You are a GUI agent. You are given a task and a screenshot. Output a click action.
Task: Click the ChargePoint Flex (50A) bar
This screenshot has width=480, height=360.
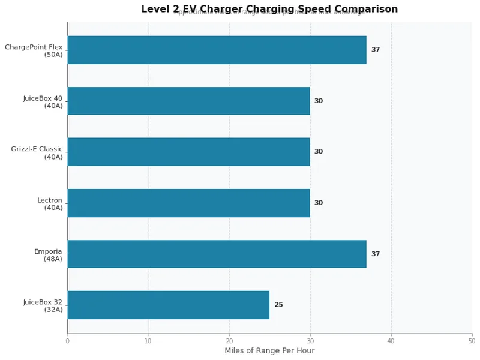click(217, 50)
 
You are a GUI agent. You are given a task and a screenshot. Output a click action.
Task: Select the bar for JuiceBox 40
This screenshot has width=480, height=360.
click(188, 101)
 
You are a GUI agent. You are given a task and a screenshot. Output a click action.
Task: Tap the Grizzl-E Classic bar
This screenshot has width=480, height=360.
click(188, 152)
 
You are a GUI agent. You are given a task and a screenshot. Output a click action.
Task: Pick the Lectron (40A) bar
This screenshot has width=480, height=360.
click(188, 203)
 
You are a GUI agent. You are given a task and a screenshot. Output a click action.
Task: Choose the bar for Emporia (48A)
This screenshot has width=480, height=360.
click(217, 254)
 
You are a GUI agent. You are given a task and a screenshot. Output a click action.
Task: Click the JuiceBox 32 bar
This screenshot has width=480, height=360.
click(168, 305)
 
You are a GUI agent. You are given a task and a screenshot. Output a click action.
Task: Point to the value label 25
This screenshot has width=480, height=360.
click(278, 305)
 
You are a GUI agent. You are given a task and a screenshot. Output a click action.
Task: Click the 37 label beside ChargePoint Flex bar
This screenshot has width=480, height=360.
click(376, 50)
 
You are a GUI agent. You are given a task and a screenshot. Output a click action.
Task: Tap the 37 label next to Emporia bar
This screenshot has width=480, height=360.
click(376, 254)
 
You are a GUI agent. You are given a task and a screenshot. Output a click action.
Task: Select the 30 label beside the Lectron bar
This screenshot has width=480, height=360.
click(319, 203)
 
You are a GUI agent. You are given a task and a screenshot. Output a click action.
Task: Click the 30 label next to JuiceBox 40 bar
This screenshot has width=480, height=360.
click(319, 101)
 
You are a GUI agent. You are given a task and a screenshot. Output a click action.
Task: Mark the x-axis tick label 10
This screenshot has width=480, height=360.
click(148, 341)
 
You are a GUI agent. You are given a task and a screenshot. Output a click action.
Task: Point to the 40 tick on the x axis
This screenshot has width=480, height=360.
click(391, 341)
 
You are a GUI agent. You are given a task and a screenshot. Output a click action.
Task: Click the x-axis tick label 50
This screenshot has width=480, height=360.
click(472, 341)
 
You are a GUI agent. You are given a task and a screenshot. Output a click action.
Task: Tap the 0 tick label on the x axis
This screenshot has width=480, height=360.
click(68, 341)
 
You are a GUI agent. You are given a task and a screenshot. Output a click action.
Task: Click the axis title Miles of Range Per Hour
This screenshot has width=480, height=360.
click(269, 351)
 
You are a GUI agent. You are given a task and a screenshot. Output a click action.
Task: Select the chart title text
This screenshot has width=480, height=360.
click(269, 9)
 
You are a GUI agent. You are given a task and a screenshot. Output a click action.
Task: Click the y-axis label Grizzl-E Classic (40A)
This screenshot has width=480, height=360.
click(37, 152)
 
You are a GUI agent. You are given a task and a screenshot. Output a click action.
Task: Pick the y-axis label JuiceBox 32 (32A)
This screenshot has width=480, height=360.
click(43, 305)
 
